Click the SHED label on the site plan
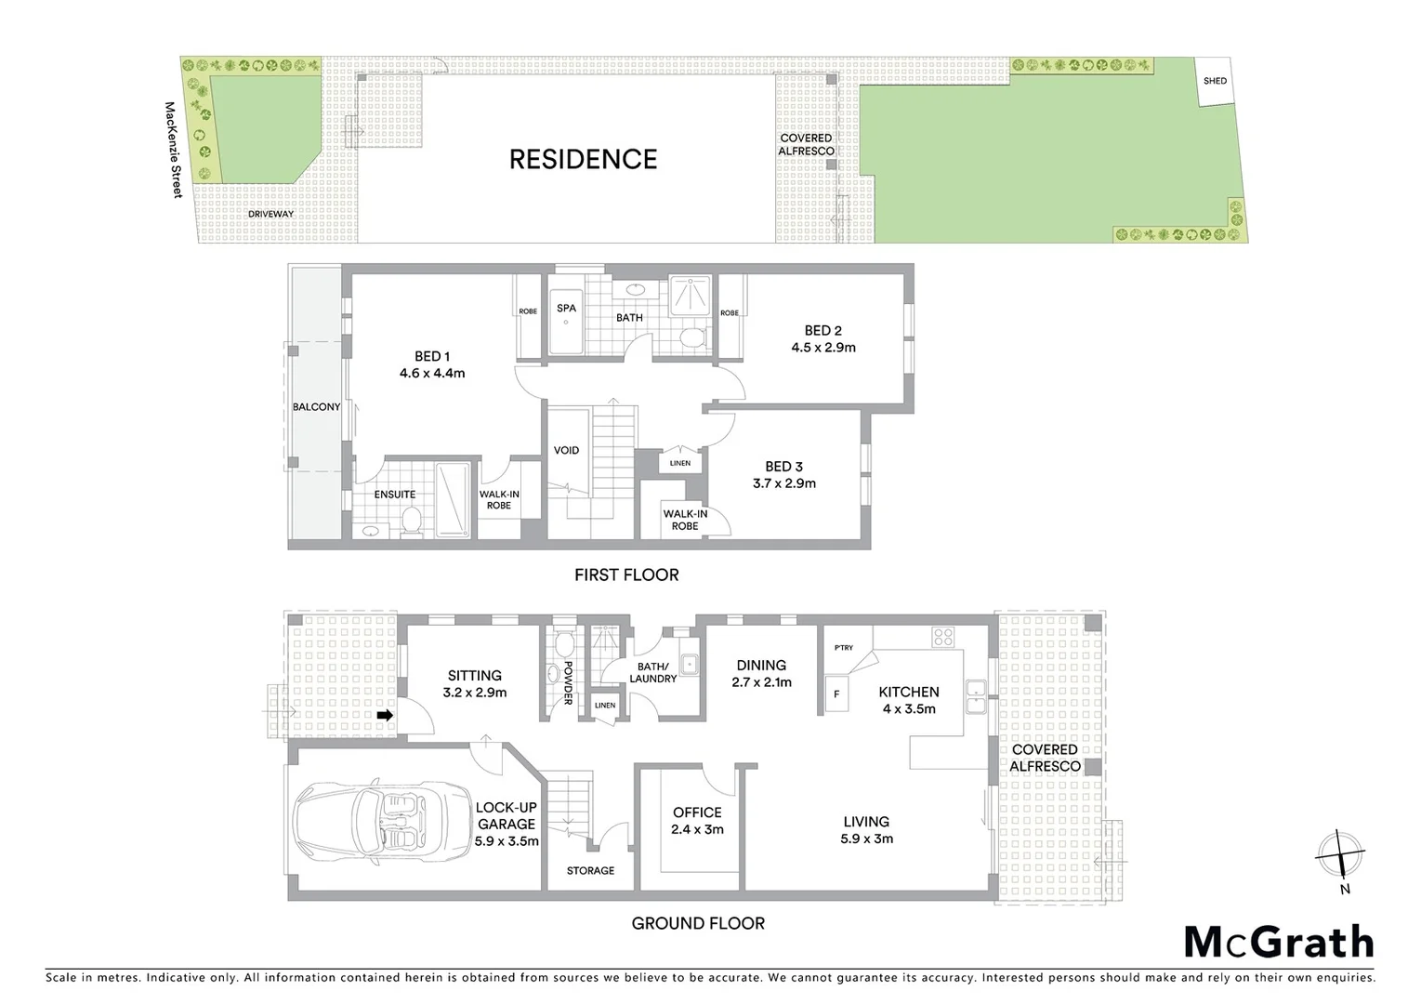[x=1215, y=81]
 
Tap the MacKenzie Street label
[x=174, y=150]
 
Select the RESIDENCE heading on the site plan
[x=583, y=159]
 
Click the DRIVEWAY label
[x=270, y=214]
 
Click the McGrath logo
[x=1278, y=942]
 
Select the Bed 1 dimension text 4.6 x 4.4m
[x=432, y=374]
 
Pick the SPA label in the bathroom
[x=566, y=309]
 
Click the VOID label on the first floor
[x=566, y=450]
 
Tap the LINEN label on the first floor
[x=679, y=463]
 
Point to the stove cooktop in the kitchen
[x=943, y=637]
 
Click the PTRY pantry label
[x=843, y=648]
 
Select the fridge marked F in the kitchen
[x=836, y=694]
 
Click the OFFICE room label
[x=697, y=812]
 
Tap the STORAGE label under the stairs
[x=590, y=871]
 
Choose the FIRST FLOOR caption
[x=626, y=575]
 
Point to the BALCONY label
[x=316, y=407]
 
